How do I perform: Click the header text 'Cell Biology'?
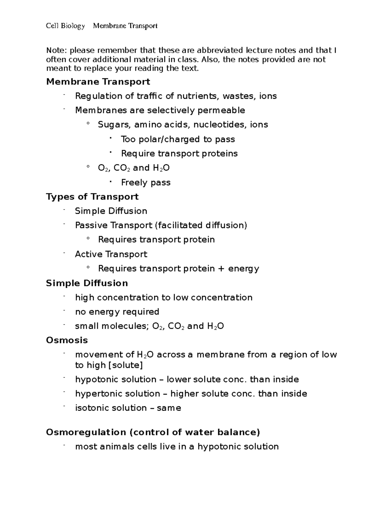point(65,26)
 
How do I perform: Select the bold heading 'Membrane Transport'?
point(98,81)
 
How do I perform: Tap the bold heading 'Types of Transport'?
point(92,196)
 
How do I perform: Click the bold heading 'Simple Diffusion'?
point(87,283)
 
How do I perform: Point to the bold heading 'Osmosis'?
point(67,340)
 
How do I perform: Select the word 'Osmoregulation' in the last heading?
point(86,432)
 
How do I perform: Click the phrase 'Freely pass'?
point(146,182)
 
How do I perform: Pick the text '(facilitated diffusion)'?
point(201,225)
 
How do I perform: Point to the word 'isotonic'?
point(92,408)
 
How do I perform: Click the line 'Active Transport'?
point(111,254)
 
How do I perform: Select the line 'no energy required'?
point(117,312)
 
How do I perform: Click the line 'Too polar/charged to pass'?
point(178,139)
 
